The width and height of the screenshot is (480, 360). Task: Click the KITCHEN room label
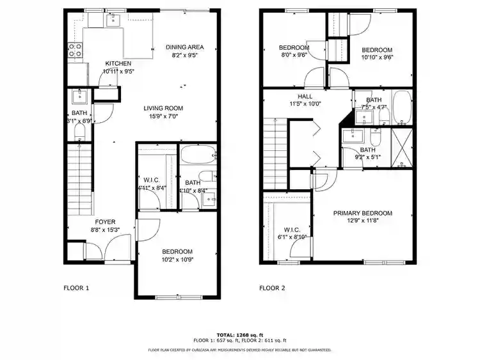118,63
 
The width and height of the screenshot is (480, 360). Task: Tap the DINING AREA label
185,47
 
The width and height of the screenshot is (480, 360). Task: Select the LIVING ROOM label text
163,108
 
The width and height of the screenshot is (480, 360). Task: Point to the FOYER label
106,222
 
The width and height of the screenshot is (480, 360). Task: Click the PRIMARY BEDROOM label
363,213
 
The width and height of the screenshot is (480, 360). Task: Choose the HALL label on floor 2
305,96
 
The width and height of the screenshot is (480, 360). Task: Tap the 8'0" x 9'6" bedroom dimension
294,56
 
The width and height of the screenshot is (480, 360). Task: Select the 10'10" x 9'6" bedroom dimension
377,56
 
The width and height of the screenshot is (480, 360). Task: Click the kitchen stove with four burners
75,51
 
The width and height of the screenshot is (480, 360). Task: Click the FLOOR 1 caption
76,288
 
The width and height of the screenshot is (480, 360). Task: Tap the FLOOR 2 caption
273,288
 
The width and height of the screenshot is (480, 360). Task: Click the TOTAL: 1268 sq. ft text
240,334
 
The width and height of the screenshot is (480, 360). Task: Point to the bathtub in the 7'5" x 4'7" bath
401,108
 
